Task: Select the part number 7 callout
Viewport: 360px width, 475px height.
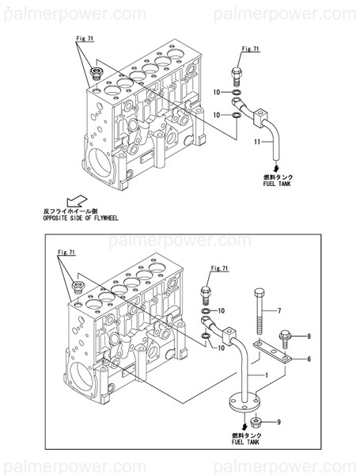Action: point(279,310)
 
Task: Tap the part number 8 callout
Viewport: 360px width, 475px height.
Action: point(309,336)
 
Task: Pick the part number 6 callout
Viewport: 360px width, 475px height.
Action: point(309,359)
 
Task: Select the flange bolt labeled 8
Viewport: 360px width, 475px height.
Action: point(286,338)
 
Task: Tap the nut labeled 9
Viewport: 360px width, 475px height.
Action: point(258,422)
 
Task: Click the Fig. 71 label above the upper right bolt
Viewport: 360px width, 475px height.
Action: point(251,49)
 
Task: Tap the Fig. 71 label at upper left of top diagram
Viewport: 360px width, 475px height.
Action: point(85,37)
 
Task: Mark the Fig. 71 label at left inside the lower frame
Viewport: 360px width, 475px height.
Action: point(65,251)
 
